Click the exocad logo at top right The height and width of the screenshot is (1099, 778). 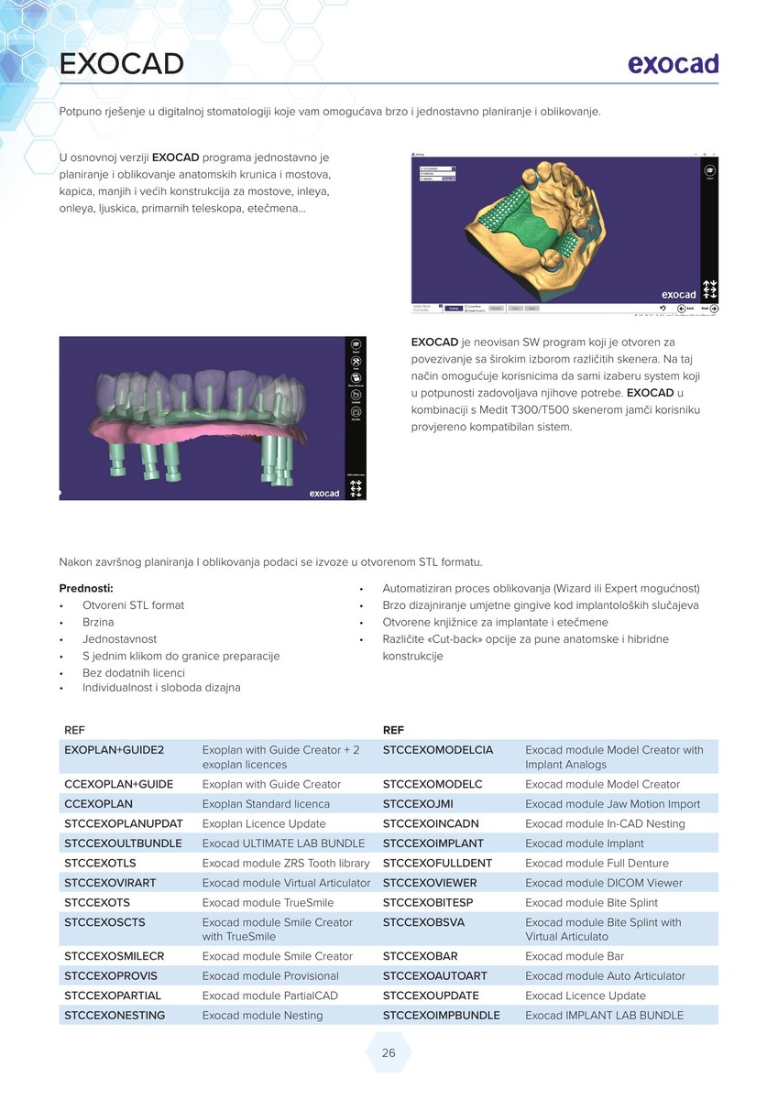point(673,64)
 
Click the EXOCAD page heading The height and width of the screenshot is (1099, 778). point(122,64)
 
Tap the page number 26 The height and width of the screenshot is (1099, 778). point(389,1053)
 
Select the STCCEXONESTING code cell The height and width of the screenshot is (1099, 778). point(115,1015)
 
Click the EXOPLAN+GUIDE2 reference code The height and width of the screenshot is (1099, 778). point(114,750)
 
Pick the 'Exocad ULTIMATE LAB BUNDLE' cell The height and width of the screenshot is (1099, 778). point(283,843)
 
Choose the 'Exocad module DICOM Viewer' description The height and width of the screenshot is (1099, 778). point(604,883)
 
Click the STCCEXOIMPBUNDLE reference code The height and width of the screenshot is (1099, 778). point(441,1015)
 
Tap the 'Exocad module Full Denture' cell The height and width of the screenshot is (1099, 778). point(597,863)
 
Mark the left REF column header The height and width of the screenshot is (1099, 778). point(74,730)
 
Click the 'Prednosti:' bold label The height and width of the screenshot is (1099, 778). point(86,588)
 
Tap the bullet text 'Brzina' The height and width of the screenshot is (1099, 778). point(98,622)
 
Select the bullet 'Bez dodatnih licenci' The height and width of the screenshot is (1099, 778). point(134,672)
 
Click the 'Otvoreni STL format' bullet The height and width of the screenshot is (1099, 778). point(133,605)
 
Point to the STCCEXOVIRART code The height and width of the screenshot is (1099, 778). point(110,883)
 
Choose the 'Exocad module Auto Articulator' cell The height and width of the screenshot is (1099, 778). point(605,975)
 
